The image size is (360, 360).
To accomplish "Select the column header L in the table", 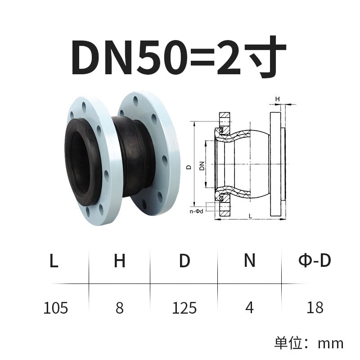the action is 54,261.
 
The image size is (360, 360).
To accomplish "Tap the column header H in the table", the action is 119,261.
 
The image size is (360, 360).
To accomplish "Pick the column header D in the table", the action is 184,261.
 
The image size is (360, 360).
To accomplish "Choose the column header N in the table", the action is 250,261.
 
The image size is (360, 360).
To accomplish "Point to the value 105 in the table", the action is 56,308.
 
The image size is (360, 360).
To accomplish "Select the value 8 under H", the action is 119,308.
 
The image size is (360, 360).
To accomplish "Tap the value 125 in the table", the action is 184,308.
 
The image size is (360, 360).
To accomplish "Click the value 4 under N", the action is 250,308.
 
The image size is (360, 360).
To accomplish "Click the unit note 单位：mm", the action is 309,343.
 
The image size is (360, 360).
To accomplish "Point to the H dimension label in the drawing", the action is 278,98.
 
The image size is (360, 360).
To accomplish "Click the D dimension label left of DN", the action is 189,166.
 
